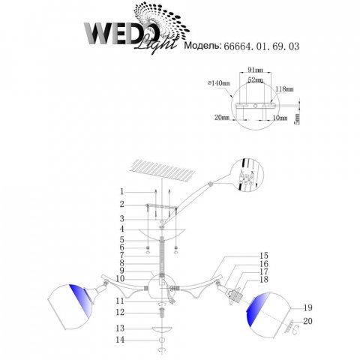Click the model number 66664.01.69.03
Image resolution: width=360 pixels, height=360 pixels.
[261, 46]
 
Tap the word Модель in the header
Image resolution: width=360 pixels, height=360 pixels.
[202, 46]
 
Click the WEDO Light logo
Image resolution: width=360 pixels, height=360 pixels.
[136, 28]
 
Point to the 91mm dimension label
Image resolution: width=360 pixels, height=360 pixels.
[255, 70]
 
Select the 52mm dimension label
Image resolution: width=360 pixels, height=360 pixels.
[255, 80]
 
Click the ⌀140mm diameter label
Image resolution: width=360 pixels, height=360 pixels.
[218, 83]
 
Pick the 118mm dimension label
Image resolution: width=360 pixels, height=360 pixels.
[284, 88]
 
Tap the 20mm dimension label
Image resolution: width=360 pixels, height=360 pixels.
[222, 117]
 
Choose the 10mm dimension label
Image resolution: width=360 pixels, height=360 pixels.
[280, 118]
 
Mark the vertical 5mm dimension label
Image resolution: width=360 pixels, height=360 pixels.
[297, 118]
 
